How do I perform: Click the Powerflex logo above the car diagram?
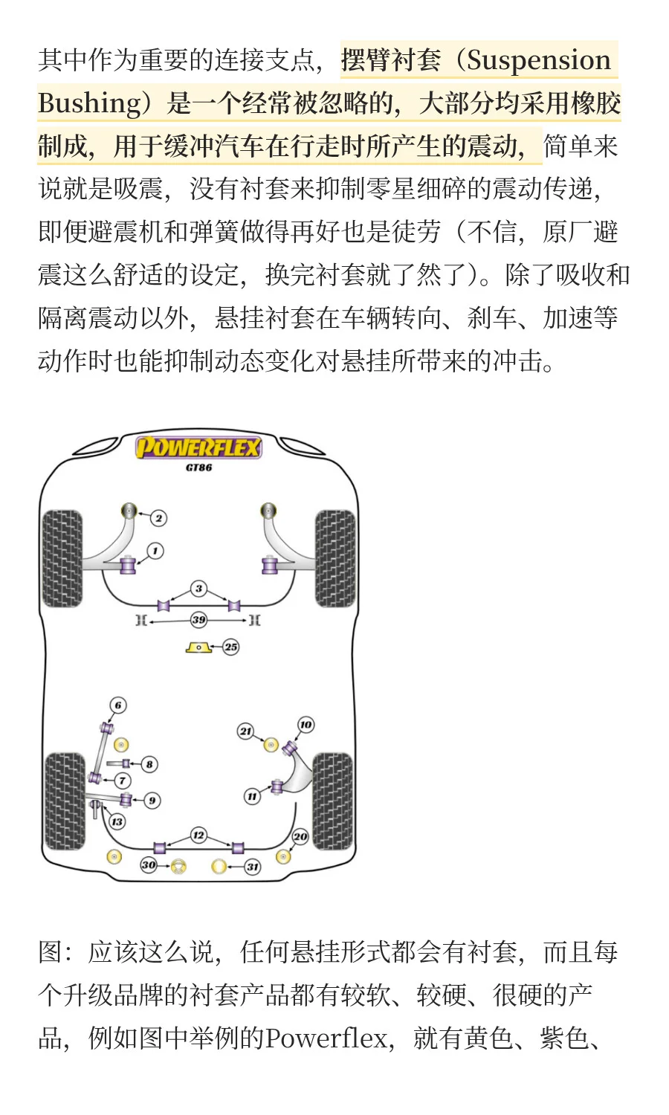[198, 447]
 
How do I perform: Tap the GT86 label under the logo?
[198, 468]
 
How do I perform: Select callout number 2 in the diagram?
[158, 518]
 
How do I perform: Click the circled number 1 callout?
[155, 551]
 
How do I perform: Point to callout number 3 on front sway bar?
[198, 589]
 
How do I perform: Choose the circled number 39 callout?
[198, 619]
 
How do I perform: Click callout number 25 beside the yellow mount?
[231, 647]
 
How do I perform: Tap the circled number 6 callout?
[117, 705]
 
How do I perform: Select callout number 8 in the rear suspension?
[149, 763]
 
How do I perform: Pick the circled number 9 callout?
[152, 801]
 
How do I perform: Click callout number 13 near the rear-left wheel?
[117, 821]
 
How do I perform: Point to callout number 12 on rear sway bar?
[198, 835]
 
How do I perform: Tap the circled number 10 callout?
[306, 725]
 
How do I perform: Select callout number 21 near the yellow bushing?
[245, 731]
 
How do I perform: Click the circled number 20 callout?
[300, 836]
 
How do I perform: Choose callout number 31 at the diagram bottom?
[253, 867]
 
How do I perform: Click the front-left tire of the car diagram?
[62, 557]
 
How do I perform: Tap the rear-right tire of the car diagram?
[332, 801]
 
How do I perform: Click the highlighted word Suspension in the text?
[538, 60]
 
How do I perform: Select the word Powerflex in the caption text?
[327, 1038]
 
